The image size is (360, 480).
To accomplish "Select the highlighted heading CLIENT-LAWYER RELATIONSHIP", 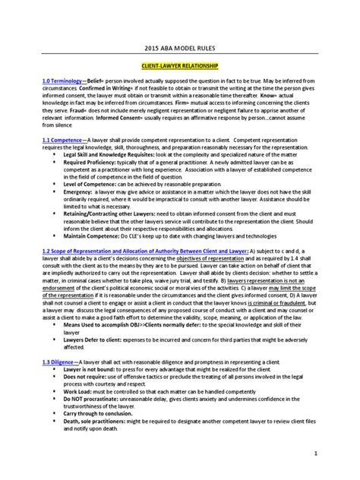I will point(179,67).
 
